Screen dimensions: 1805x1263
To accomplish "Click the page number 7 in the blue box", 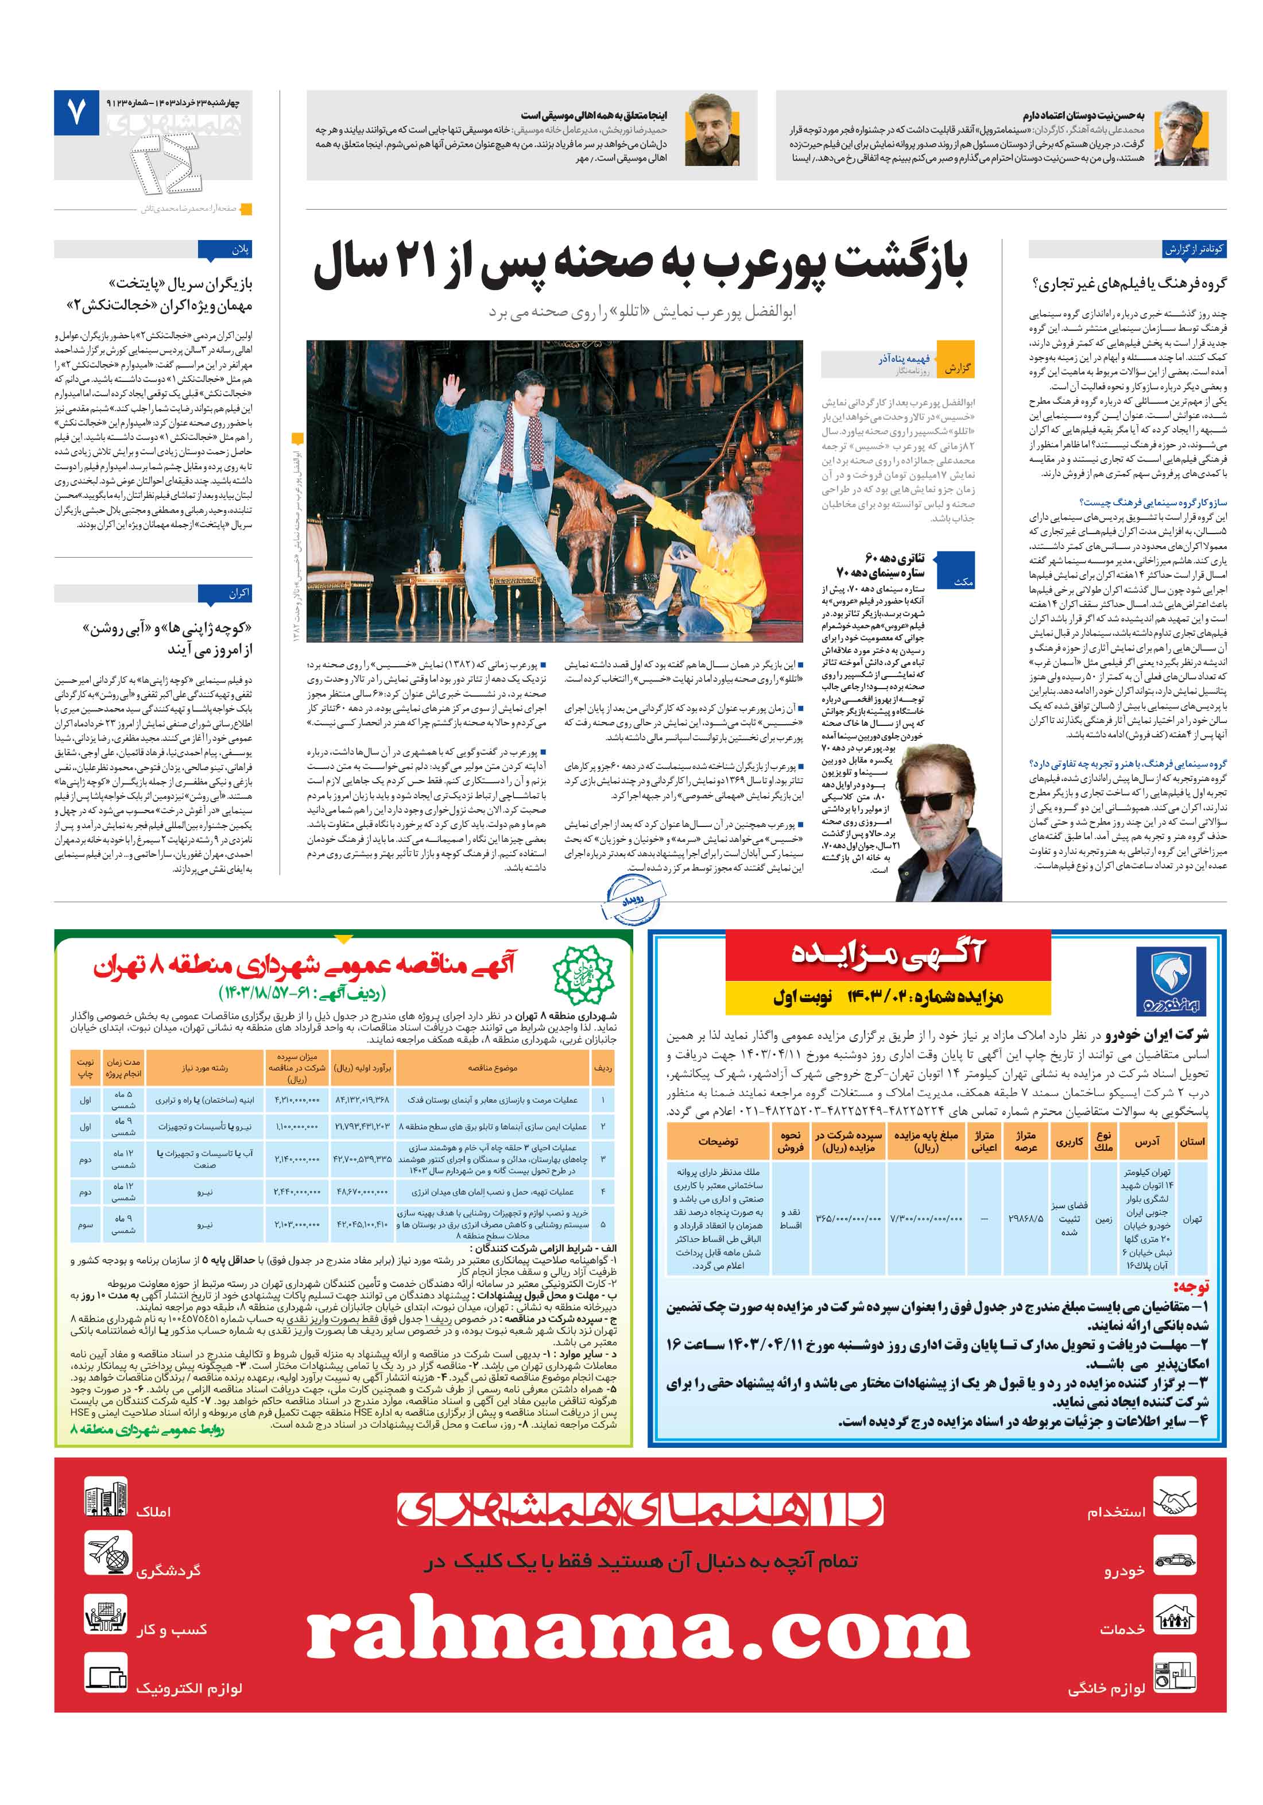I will (x=75, y=113).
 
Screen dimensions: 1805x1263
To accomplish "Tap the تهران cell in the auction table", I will (x=1191, y=1219).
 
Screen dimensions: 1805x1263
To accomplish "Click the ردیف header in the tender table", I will (x=603, y=1068).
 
